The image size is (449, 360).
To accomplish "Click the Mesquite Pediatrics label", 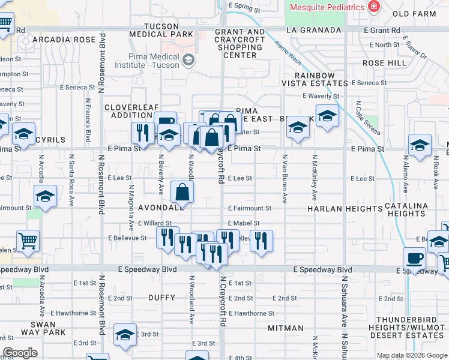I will point(327,7).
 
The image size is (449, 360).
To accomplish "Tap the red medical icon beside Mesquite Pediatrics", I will point(374,7).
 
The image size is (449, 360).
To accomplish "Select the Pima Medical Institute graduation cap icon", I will point(188,59).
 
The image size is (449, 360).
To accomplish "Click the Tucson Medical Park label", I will point(162,31).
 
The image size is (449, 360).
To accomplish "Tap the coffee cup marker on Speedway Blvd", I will point(414,259).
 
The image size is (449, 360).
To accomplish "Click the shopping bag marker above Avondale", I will point(182,192).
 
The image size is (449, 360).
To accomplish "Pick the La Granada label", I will point(309,29).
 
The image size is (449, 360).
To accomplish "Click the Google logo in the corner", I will point(20,353).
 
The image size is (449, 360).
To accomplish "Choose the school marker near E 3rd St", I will point(125,334).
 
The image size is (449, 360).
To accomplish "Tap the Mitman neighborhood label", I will point(286,328).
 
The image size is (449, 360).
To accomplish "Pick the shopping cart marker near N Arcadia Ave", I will point(28,241).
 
